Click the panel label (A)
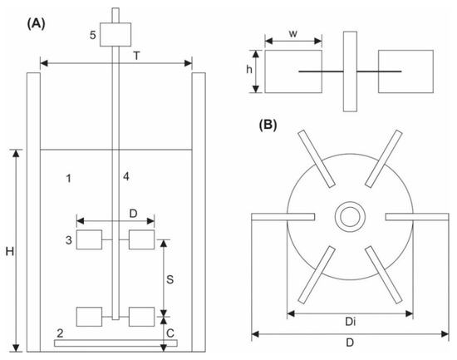point(36,23)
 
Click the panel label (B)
point(268,125)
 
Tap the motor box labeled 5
point(115,34)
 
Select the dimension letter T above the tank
point(136,56)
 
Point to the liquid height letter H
point(10,251)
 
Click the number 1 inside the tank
point(68,178)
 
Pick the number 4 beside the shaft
point(126,176)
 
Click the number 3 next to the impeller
point(68,240)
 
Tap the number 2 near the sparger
point(61,333)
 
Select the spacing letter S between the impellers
point(170,279)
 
